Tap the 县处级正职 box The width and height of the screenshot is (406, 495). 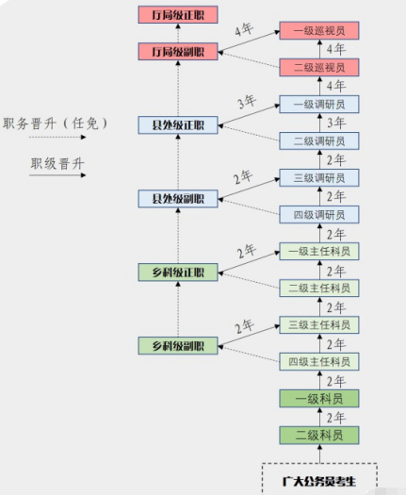[x=178, y=124]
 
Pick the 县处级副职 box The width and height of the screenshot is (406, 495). [x=178, y=198]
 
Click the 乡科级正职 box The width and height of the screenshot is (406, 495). [x=178, y=272]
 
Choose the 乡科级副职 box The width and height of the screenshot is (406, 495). [x=178, y=345]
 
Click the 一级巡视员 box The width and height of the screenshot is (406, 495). [x=319, y=31]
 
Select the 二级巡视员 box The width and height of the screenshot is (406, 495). [x=319, y=68]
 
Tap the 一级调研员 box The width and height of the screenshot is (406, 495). [x=319, y=105]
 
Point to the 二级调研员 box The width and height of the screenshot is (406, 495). [x=319, y=141]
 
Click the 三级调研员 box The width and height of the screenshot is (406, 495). [x=319, y=178]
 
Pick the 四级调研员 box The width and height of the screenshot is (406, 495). [x=319, y=215]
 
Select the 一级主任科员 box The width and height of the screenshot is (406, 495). [x=319, y=251]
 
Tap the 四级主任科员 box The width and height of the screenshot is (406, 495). [x=319, y=361]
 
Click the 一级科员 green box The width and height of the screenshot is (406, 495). [x=319, y=398]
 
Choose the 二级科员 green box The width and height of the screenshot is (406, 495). [x=319, y=435]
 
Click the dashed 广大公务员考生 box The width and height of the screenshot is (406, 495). [x=319, y=479]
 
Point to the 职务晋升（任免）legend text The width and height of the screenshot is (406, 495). [x=57, y=124]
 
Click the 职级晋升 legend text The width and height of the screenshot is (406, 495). [x=57, y=164]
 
